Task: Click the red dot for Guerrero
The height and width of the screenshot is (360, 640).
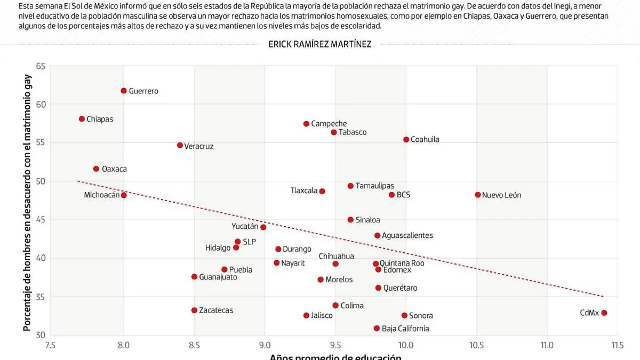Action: coord(124,91)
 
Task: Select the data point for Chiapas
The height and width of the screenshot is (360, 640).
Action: coord(82,119)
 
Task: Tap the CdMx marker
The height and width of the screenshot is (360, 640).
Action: coord(604,313)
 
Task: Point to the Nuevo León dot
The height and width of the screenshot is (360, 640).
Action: coord(478,195)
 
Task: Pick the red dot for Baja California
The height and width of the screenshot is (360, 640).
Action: coord(377,329)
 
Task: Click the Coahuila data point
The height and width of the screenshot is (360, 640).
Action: coord(406,139)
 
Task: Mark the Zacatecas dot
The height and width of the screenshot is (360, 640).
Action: coord(194,310)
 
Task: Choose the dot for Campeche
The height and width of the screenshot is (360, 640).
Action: coord(306,124)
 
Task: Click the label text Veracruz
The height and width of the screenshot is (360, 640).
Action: coord(198,146)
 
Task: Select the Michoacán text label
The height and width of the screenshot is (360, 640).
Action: coord(101,195)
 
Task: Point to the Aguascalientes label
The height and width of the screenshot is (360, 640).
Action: coord(407,236)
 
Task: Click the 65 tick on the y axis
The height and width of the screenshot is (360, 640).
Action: coord(41,66)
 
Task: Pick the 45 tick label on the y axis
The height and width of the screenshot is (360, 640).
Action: coord(41,220)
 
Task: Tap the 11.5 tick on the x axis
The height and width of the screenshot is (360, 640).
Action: coord(618,345)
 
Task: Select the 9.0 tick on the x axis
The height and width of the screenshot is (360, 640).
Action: coord(265,345)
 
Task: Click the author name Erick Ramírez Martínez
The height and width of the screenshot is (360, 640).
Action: coord(320,45)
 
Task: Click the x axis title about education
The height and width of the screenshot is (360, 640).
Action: coord(335,357)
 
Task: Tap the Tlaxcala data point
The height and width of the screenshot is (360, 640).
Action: coord(322,191)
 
